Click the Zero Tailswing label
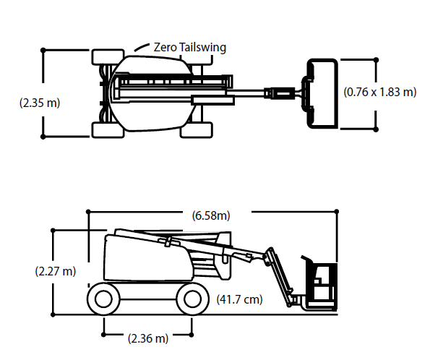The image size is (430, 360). [190, 48]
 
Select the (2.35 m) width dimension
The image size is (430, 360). [40, 103]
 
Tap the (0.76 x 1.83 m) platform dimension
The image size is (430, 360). [380, 92]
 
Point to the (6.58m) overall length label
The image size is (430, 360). [211, 215]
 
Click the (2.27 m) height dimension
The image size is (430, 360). [56, 271]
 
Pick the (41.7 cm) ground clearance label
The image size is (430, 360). [239, 299]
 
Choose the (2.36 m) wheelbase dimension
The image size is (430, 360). [148, 338]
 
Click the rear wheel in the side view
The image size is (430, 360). [103, 299]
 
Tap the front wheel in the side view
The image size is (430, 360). [192, 299]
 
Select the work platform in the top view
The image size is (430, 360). [322, 93]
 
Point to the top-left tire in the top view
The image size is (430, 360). [108, 57]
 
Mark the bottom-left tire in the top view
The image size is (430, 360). [108, 130]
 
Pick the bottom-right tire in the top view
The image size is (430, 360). [197, 130]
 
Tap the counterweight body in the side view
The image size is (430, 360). [148, 258]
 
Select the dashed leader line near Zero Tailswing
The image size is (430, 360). [142, 47]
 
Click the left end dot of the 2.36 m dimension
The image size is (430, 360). [103, 335]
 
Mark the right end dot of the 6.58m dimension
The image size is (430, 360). [337, 212]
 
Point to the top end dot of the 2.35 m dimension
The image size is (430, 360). [43, 50]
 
